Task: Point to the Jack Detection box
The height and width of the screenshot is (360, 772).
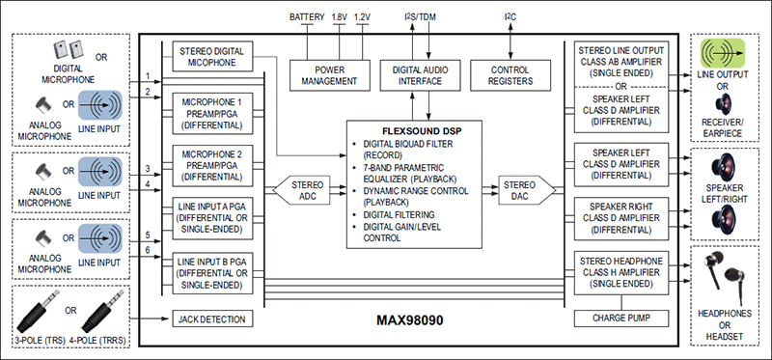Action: pos(213,318)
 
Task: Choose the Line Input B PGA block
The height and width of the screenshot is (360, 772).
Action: pos(213,271)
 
